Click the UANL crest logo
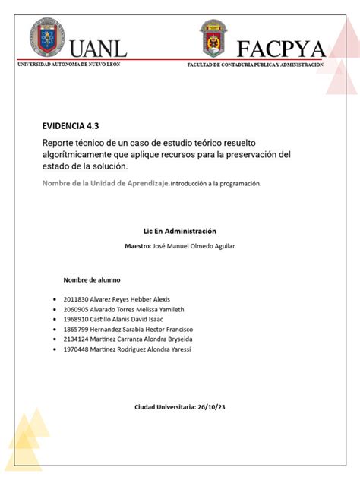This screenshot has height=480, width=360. click(46, 39)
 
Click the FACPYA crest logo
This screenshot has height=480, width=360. click(213, 38)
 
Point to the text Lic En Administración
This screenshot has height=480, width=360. click(180, 230)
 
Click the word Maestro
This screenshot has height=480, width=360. click(141, 246)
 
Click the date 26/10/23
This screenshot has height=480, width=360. click(212, 408)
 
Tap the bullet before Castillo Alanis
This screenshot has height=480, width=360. click(55, 320)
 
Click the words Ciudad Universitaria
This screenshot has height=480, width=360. click(165, 408)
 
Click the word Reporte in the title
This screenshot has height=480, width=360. click(61, 144)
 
